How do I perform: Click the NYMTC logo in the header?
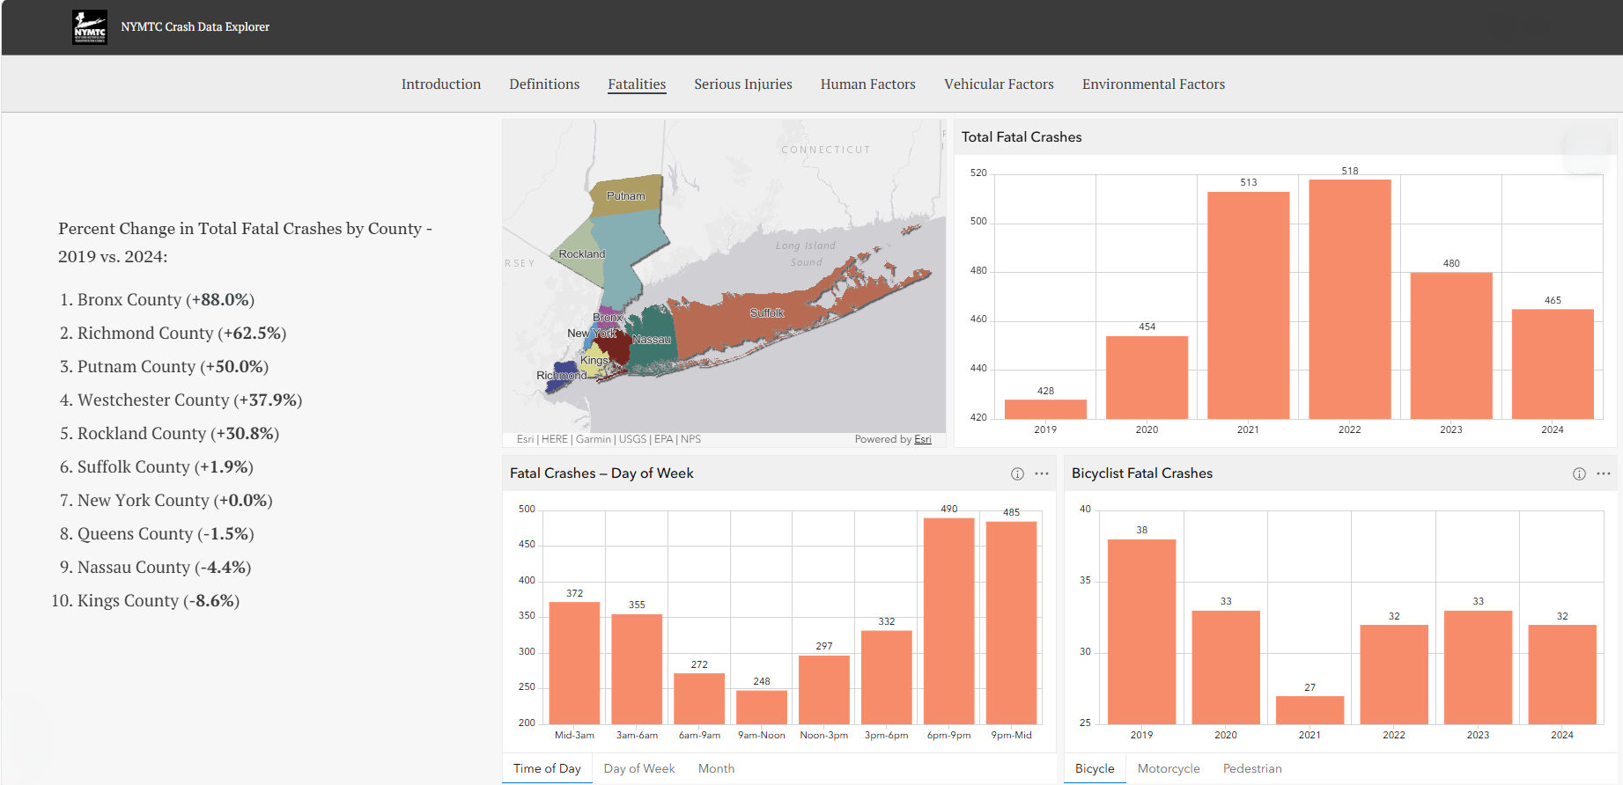90,27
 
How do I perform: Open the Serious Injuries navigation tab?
743,84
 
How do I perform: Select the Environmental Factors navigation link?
1154,84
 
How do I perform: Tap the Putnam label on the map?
626,196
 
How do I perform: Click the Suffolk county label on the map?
767,313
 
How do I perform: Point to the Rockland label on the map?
582,254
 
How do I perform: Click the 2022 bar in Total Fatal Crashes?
1350,299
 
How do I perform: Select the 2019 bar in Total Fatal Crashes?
1045,409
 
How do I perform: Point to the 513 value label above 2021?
1249,183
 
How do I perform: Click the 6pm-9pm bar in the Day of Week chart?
949,621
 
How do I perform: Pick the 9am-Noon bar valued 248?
762,708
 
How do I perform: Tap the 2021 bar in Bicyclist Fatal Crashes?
1310,710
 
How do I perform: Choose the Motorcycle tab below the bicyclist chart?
1169,769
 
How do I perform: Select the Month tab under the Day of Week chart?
716,769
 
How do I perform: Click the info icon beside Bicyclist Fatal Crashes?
1579,474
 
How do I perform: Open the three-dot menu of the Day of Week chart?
1042,473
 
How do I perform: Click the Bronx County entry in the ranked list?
166,300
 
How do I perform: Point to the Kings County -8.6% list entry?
159,601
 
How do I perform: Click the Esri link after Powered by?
923,439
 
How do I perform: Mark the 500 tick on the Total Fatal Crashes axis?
978,222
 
